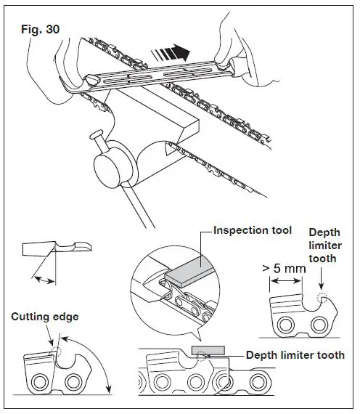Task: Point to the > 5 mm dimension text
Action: click(x=282, y=269)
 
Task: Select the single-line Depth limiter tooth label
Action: click(x=295, y=355)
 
